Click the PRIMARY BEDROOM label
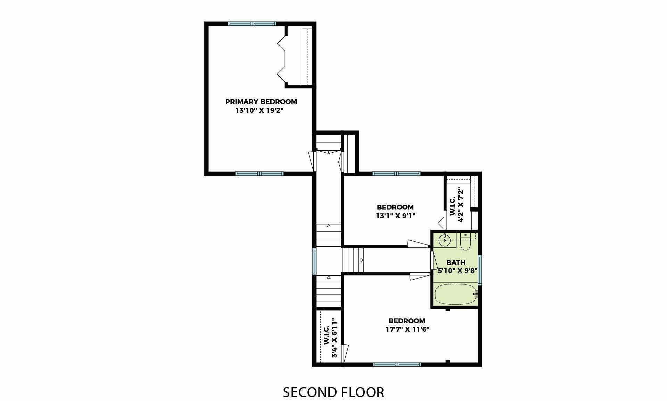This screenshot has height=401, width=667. [x=261, y=102]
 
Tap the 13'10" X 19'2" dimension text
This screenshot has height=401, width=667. [x=257, y=111]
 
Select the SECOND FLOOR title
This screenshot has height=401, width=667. [x=333, y=392]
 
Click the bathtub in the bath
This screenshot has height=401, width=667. [x=455, y=295]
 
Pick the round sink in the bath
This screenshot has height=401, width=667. [x=445, y=240]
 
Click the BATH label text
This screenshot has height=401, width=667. [x=456, y=263]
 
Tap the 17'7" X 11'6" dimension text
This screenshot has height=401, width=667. [x=407, y=329]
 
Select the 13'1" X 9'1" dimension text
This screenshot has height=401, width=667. [x=395, y=215]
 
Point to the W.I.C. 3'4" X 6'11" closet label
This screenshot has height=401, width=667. [x=330, y=338]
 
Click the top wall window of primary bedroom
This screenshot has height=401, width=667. [x=252, y=24]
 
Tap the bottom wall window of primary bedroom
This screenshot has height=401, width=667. [x=260, y=174]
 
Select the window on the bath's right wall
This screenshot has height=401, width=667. [x=479, y=270]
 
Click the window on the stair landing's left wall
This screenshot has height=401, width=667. [x=314, y=261]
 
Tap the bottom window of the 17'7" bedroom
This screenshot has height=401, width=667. [x=397, y=365]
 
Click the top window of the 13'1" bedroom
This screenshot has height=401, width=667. [x=396, y=174]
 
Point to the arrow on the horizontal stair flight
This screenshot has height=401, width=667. [x=362, y=260]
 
